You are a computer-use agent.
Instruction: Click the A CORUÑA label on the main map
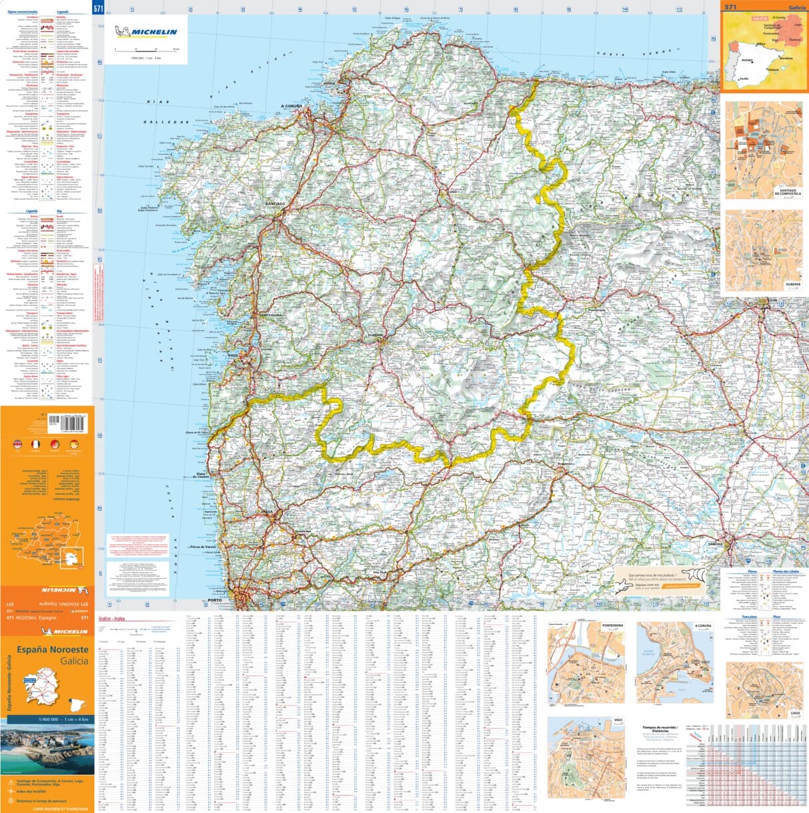pyautogui.click(x=291, y=106)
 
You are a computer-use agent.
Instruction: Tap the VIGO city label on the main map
pyautogui.click(x=233, y=355)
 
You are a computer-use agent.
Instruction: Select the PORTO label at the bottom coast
pyautogui.click(x=214, y=600)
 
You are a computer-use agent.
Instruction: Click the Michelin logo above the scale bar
pyautogui.click(x=146, y=32)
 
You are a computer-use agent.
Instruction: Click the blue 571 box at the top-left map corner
pyautogui.click(x=99, y=8)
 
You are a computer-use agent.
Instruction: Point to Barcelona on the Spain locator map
pyautogui.click(x=785, y=58)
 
